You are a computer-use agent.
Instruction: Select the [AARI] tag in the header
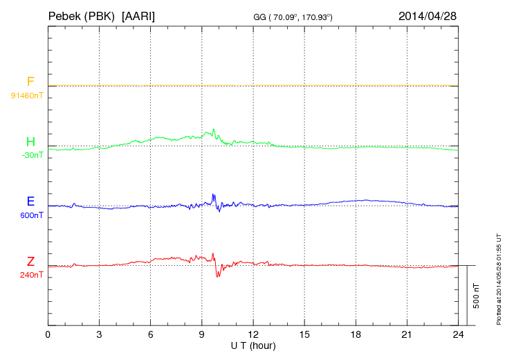click(x=138, y=15)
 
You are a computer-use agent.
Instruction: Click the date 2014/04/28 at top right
click(x=428, y=15)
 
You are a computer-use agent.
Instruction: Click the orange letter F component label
click(x=30, y=82)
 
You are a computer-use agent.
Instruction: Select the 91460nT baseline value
click(x=27, y=96)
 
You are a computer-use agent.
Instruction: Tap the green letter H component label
click(x=30, y=142)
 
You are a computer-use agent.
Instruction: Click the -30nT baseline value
click(x=32, y=155)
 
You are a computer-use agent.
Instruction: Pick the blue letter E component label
click(x=30, y=201)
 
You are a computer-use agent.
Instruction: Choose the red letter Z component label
click(x=30, y=261)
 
